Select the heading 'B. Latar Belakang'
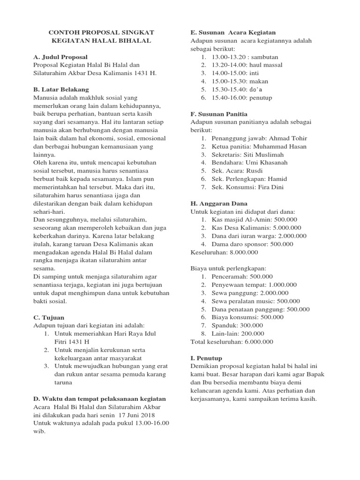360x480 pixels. coord(61,90)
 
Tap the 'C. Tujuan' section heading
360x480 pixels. coord(49,317)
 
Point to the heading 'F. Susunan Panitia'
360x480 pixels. coord(219,114)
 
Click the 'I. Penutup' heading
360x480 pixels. coord(206,358)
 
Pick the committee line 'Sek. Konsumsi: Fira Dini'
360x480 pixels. coord(247,187)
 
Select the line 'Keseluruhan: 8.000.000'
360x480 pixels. coord(224,252)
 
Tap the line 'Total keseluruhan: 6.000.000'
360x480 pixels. coord(232,342)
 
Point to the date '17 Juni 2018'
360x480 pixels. coord(136,415)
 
